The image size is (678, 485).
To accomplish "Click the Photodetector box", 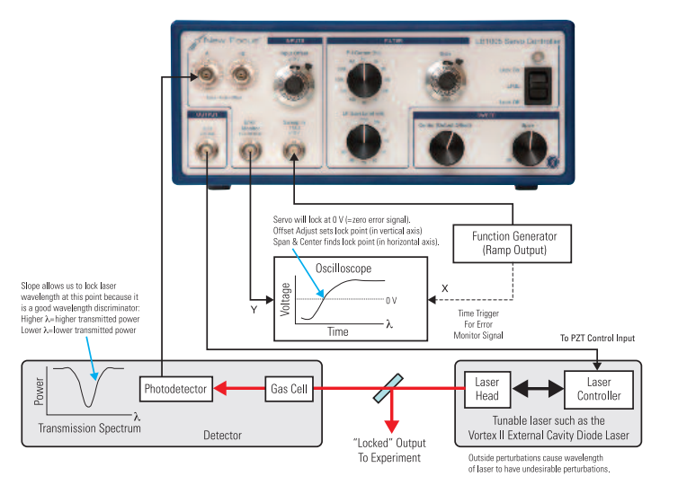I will [x=176, y=389].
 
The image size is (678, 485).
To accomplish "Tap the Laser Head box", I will [x=486, y=389].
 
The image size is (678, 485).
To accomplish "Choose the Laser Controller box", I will [x=593, y=389].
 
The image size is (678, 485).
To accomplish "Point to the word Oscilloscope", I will [x=343, y=269].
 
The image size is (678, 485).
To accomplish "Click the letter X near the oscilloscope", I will [x=442, y=289].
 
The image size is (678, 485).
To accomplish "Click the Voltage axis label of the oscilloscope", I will [x=287, y=299].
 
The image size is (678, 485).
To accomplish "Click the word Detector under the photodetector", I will [x=222, y=436].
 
